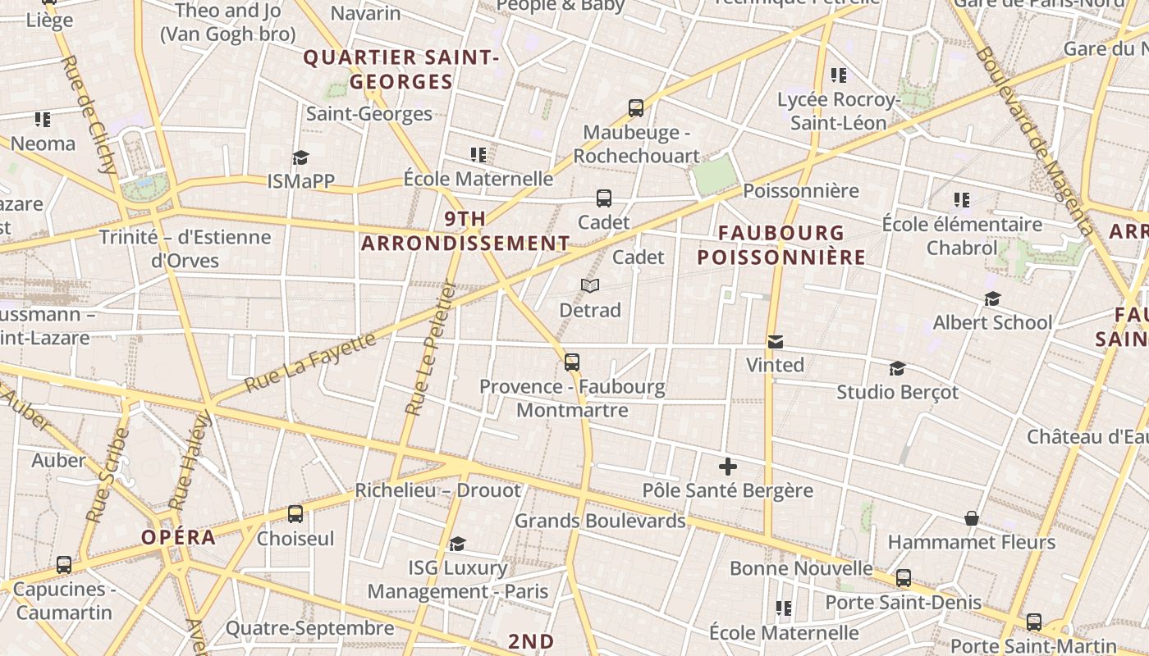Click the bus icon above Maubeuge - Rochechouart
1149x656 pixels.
[636, 107]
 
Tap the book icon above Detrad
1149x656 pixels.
[590, 285]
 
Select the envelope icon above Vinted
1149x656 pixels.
[776, 341]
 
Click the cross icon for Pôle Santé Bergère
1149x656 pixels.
[727, 467]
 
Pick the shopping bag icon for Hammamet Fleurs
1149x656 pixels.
[972, 518]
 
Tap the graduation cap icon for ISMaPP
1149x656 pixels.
[301, 157]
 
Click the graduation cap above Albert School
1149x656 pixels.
[992, 298]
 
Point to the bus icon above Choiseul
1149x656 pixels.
[295, 514]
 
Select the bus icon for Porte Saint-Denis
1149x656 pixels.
[904, 578]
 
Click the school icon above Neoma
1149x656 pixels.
[43, 120]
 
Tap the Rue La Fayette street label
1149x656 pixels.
[311, 362]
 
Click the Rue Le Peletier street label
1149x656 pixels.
[430, 348]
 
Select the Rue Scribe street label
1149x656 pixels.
[107, 476]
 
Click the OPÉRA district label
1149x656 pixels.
[179, 538]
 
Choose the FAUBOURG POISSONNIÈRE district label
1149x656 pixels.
[781, 245]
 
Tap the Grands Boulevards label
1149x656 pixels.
[600, 521]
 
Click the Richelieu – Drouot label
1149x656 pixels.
[437, 490]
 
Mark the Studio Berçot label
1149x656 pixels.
[897, 392]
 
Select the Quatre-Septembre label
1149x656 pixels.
[310, 629]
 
